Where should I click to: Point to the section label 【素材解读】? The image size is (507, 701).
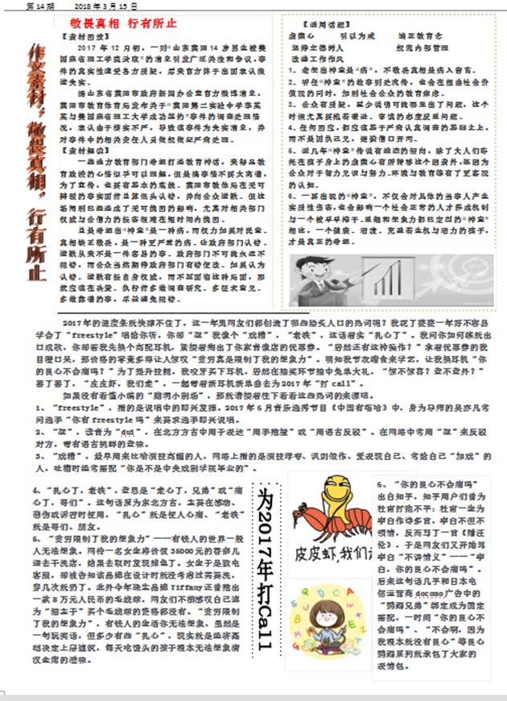pyautogui.click(x=83, y=151)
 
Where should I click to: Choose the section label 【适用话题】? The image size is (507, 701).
pyautogui.click(x=316, y=23)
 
